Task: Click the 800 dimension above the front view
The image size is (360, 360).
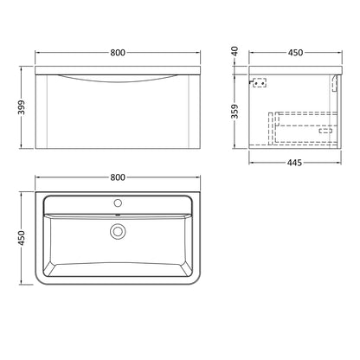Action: point(118,53)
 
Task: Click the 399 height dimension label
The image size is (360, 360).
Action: point(22,107)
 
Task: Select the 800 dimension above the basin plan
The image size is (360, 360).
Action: point(118,177)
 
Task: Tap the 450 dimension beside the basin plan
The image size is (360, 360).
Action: point(22,238)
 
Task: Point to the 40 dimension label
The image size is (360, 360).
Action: point(235,51)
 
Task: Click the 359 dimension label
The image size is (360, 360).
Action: point(235,112)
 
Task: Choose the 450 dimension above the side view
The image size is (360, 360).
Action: point(295,53)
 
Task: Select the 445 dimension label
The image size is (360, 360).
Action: point(294,163)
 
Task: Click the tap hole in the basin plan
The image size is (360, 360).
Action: point(118,203)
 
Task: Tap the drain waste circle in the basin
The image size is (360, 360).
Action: point(118,231)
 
